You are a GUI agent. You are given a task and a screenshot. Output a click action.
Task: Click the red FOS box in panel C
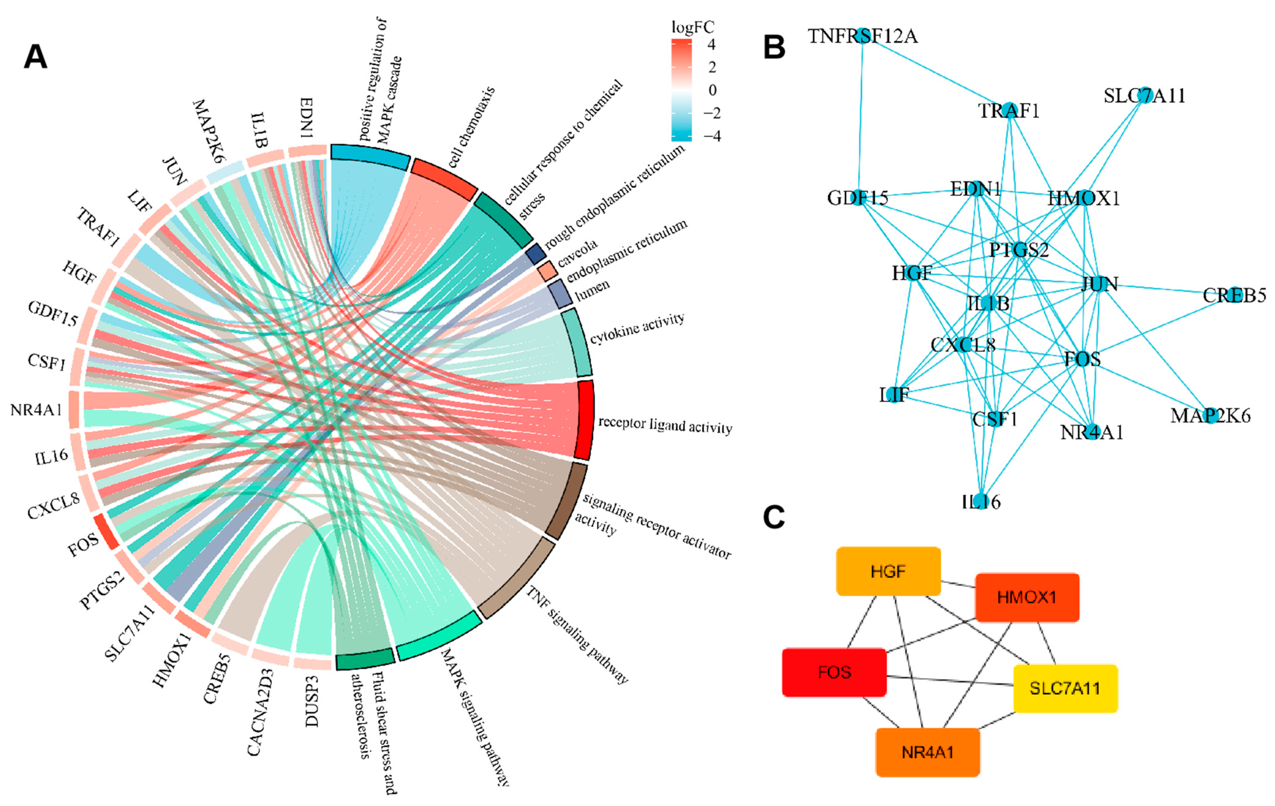(x=834, y=672)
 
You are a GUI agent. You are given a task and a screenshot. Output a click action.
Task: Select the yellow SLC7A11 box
(x=1065, y=688)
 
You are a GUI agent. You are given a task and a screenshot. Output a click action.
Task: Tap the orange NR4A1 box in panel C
(x=928, y=752)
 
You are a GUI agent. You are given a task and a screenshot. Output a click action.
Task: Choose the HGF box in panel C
(x=888, y=572)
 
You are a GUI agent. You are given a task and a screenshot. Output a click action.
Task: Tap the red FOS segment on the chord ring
(x=106, y=531)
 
